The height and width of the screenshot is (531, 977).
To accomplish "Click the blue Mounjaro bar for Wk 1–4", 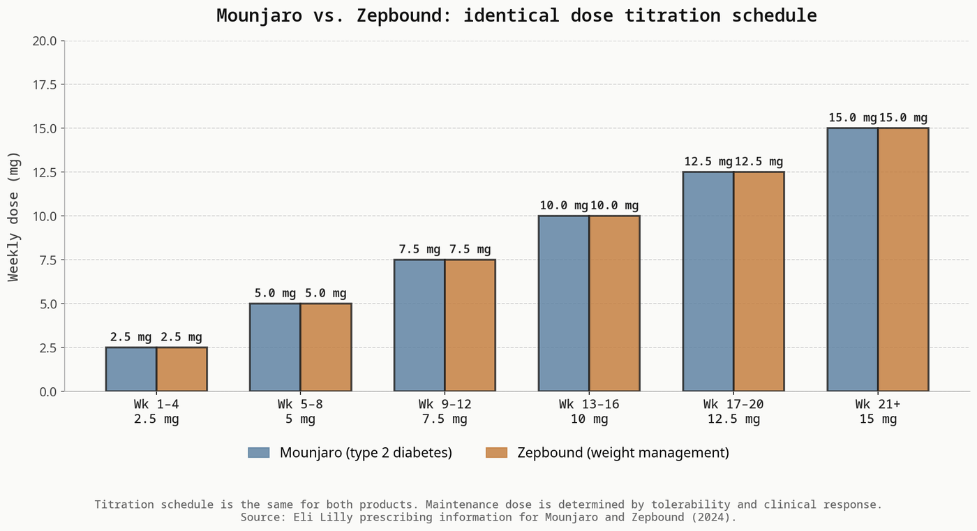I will click(x=131, y=369).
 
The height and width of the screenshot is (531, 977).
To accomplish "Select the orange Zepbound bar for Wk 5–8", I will click(x=326, y=347).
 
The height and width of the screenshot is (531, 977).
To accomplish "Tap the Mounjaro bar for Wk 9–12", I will click(x=419, y=325).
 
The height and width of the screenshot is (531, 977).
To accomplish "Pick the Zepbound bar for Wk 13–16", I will click(x=614, y=304).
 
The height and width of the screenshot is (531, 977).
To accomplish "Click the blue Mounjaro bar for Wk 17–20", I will click(x=708, y=281).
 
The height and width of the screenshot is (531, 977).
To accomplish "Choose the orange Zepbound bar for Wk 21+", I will click(x=903, y=260).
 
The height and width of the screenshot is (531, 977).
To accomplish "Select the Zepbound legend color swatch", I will click(x=496, y=453).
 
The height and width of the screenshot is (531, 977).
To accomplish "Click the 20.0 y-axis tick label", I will click(x=44, y=41).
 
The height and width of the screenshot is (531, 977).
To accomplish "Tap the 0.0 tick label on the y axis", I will click(x=47, y=391).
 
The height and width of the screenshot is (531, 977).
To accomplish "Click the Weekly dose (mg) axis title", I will click(x=14, y=216).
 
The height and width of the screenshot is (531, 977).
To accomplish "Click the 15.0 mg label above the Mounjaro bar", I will click(x=852, y=118).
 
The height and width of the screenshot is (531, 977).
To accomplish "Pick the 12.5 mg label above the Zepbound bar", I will click(x=759, y=162).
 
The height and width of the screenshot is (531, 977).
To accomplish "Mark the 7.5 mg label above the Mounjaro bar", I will click(x=419, y=249).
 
